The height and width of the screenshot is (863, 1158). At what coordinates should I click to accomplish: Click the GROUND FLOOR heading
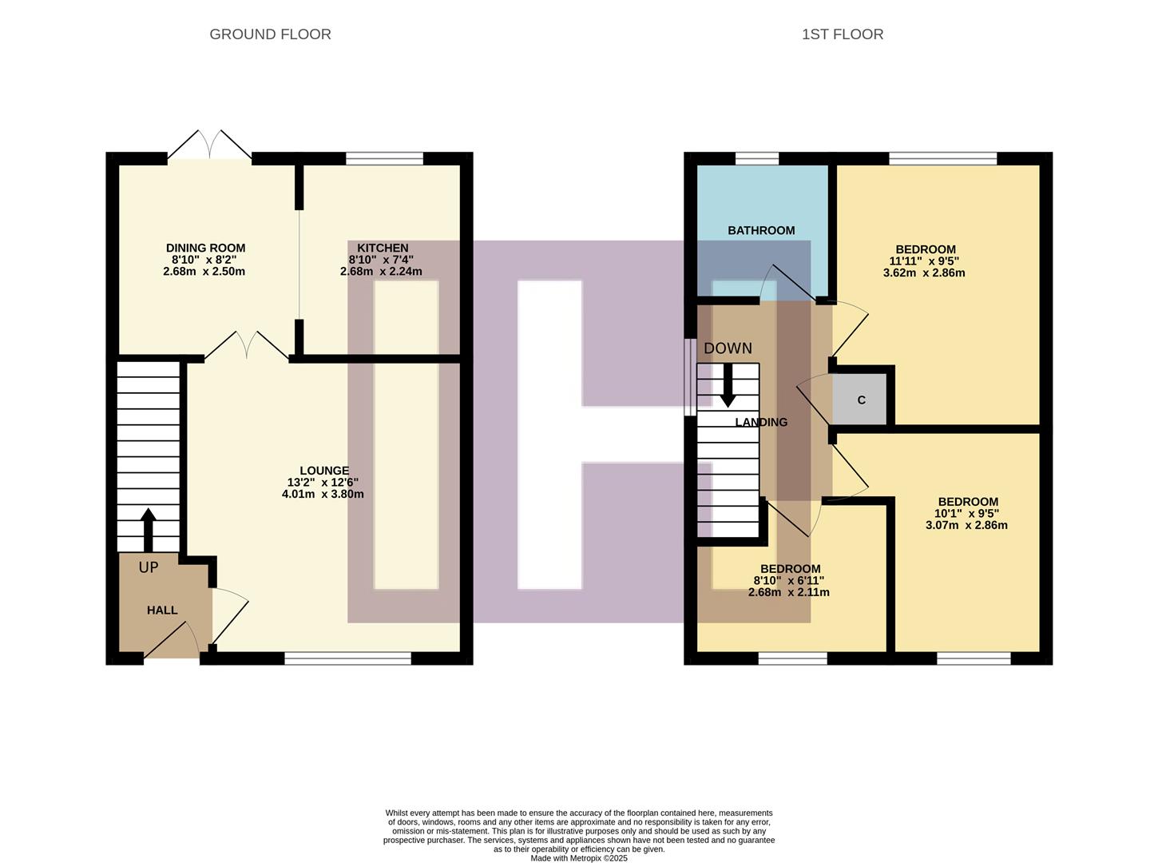tap(270, 34)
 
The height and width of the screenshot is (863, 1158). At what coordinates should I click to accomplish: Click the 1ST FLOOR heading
tap(843, 34)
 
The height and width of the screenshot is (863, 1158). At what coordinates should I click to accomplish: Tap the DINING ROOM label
tap(205, 249)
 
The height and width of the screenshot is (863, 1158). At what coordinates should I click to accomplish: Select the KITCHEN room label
tap(383, 249)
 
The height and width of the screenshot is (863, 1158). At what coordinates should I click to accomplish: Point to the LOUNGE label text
tap(324, 471)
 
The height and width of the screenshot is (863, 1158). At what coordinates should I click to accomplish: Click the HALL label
tap(162, 610)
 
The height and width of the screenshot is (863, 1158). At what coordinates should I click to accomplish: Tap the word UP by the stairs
tap(149, 567)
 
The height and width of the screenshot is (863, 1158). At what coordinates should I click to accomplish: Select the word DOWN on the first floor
tap(728, 348)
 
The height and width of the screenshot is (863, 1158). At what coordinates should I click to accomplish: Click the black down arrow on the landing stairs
tap(728, 385)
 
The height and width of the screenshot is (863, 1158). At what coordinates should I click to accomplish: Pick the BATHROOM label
tap(761, 230)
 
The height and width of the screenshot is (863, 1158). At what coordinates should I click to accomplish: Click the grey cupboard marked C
tap(861, 400)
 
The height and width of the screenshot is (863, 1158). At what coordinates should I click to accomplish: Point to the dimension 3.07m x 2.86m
tap(966, 525)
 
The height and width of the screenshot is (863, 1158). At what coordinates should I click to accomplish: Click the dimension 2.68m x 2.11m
tap(788, 592)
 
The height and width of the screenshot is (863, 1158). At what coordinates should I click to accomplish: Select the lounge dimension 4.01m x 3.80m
tap(323, 494)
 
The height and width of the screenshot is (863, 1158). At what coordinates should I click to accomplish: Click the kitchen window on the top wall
tap(384, 159)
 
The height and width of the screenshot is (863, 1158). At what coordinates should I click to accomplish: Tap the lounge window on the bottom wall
tap(347, 658)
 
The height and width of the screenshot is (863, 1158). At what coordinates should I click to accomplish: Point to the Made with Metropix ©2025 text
tap(579, 858)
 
